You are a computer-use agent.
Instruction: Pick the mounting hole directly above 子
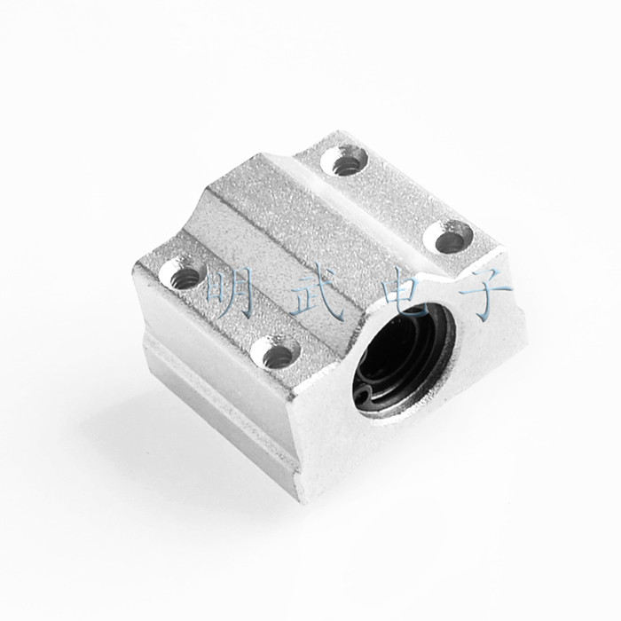pos(448,240)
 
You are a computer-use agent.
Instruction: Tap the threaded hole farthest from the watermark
pos(344,161)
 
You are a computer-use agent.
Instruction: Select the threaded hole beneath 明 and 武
pos(275,351)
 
